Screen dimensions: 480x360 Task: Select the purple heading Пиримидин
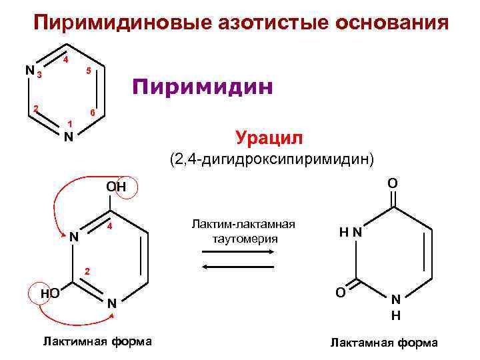pos(202,87)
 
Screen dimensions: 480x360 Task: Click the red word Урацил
pos(269,138)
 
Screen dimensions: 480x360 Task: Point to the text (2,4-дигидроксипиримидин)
pos(272,160)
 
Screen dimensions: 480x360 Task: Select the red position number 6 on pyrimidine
pos(93,112)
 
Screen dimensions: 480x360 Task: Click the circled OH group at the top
pos(117,187)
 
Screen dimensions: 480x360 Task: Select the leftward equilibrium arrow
pos(239,266)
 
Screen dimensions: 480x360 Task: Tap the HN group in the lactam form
pos(350,233)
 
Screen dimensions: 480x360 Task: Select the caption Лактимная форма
pos(97,341)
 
